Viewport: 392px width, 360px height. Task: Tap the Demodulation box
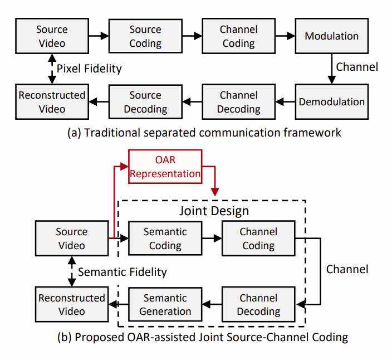pos(332,101)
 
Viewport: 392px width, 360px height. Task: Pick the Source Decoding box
pos(145,101)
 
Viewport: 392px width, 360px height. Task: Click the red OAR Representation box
pos(165,166)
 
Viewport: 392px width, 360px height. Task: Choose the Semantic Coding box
pos(165,238)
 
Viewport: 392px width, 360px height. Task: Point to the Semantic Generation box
pos(165,304)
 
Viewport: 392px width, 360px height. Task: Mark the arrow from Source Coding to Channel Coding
pos(192,35)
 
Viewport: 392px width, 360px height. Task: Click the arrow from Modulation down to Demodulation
pos(332,67)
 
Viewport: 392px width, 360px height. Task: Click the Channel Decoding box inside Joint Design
pos(258,304)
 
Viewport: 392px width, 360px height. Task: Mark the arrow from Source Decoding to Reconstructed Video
pos(98,101)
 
